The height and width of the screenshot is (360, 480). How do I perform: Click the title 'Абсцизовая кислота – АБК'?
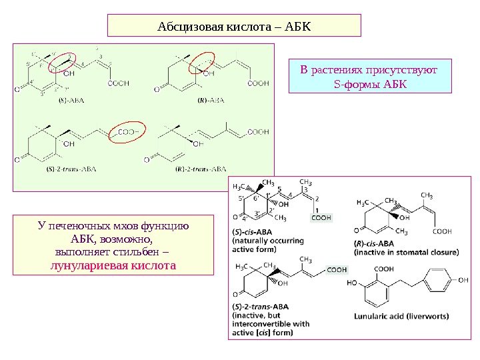(234, 27)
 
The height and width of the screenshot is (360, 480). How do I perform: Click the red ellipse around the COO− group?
(127, 132)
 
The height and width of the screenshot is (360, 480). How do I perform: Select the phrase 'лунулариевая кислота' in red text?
(113, 265)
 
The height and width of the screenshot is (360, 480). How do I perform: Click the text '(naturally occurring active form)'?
(268, 245)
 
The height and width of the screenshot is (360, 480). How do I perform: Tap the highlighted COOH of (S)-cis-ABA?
(321, 217)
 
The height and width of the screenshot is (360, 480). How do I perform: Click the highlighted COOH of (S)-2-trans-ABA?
(337, 270)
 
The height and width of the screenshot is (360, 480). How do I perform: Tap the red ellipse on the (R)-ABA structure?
(201, 63)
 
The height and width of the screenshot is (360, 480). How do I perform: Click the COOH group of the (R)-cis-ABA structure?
(442, 231)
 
